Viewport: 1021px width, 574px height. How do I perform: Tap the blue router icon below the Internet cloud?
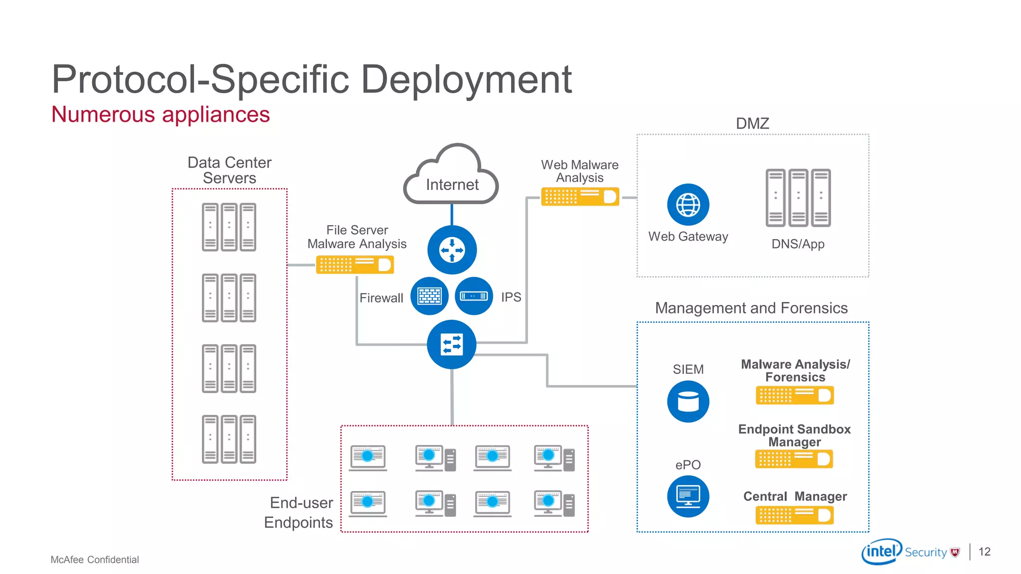pos(452,250)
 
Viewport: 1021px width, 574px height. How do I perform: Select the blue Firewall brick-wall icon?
pos(429,296)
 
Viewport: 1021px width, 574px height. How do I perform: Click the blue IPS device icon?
pos(474,296)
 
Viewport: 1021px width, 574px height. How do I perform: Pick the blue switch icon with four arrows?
pos(452,344)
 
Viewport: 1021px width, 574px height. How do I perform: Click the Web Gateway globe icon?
pos(688,204)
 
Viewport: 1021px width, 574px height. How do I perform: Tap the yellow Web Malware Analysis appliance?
pos(580,196)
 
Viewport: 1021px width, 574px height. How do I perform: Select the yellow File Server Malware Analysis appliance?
pos(355,265)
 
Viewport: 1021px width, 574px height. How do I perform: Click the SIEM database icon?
pos(688,402)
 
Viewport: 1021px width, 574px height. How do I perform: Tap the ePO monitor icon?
pos(688,496)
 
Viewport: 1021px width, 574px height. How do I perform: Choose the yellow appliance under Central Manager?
pos(794,515)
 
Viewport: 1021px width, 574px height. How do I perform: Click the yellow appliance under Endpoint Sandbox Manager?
pos(794,459)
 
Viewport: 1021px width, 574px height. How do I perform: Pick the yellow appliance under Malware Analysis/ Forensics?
pos(794,396)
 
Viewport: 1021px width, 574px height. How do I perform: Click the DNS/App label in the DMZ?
pos(798,244)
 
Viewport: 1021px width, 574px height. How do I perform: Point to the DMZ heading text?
pos(752,123)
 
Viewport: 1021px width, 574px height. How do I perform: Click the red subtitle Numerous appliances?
pos(161,115)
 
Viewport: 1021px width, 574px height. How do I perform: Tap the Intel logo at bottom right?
pos(881,551)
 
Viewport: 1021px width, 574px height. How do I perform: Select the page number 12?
pos(984,552)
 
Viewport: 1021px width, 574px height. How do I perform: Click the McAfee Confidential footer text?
pos(95,560)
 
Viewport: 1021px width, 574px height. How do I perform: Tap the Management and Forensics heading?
pos(751,308)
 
